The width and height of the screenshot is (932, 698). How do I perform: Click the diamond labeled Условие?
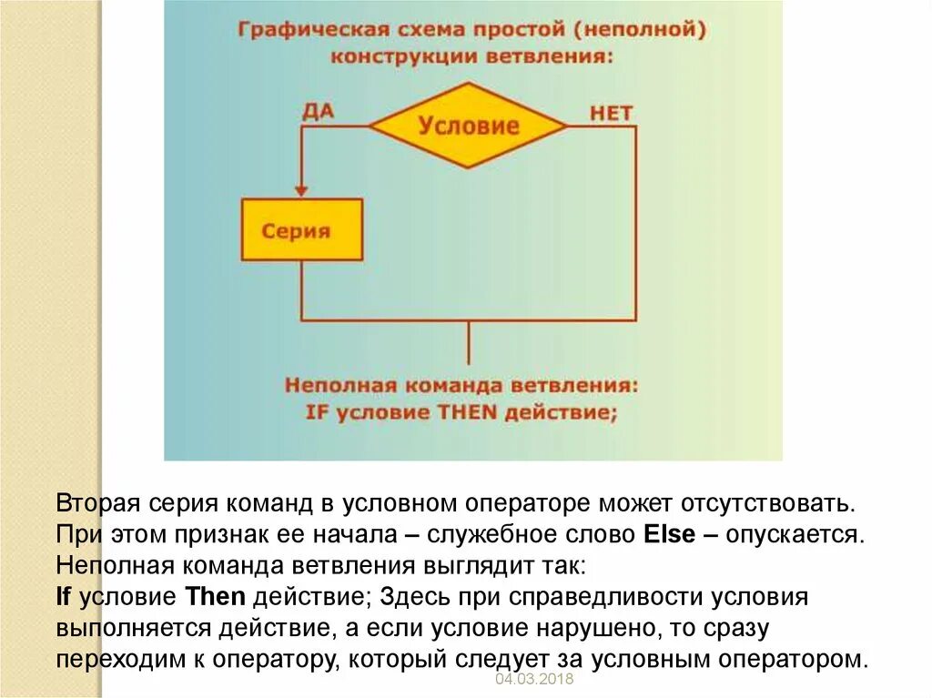pyautogui.click(x=468, y=126)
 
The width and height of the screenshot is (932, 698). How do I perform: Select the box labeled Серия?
pyautogui.click(x=301, y=230)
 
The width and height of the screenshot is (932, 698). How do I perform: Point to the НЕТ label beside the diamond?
pyautogui.click(x=611, y=113)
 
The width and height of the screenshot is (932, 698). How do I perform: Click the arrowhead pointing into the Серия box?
pyautogui.click(x=300, y=189)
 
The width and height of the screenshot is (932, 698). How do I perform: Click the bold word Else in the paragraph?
pyautogui.click(x=671, y=532)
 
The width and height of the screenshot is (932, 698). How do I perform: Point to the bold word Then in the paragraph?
pyautogui.click(x=216, y=597)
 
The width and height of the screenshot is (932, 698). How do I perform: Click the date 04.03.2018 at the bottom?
pyautogui.click(x=530, y=681)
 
